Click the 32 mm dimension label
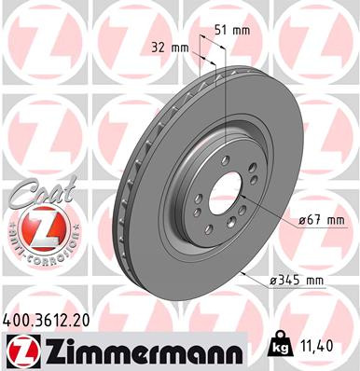pyautogui.click(x=169, y=47)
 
